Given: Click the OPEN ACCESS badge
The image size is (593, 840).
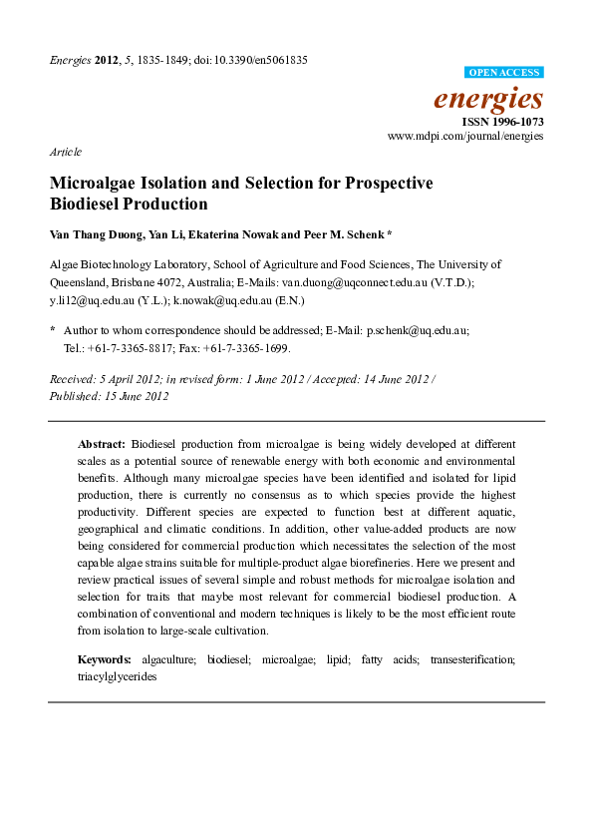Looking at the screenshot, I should [x=503, y=73].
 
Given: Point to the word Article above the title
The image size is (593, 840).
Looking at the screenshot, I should [x=65, y=153].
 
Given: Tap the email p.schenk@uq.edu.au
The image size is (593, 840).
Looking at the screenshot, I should [x=418, y=329].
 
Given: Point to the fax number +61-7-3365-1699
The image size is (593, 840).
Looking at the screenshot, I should [x=254, y=348].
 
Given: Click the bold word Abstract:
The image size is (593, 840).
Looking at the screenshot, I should [x=102, y=442].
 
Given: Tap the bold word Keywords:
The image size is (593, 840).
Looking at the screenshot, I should [x=105, y=659].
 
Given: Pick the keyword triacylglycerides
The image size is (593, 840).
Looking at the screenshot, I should [x=118, y=675].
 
